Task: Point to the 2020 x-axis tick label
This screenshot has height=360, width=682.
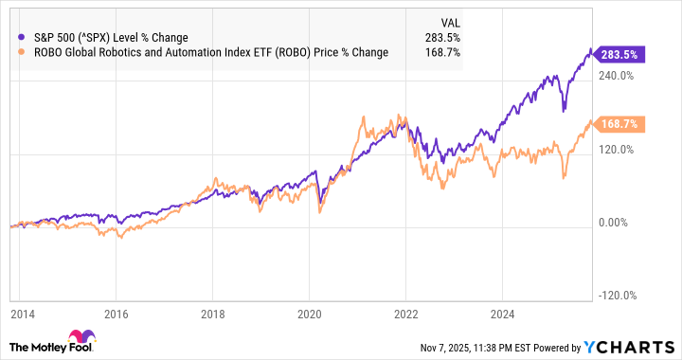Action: [x=311, y=314]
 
